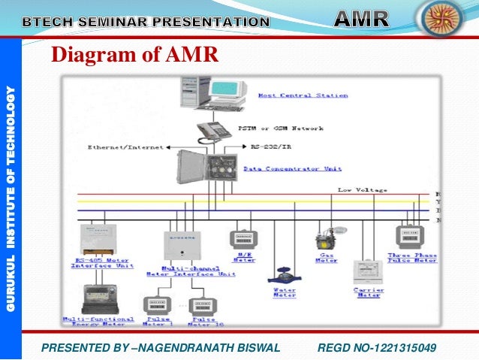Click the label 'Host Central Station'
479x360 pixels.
click(303, 96)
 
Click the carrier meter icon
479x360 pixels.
click(368, 271)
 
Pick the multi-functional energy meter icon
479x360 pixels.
click(98, 298)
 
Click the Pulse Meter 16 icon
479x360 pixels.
click(202, 306)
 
